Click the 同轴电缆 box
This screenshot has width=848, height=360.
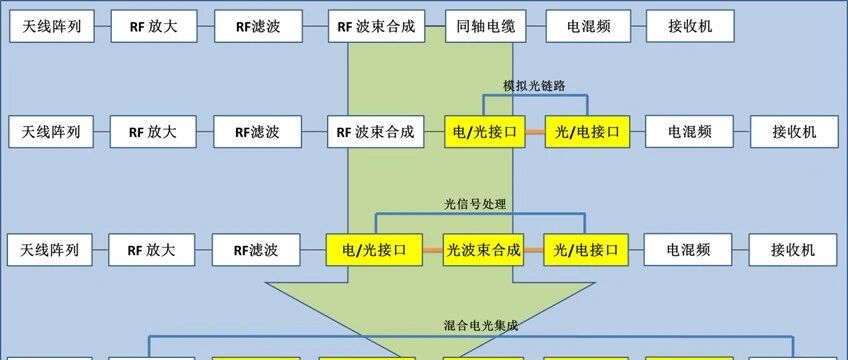pyautogui.click(x=486, y=26)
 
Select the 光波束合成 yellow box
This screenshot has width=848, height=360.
pyautogui.click(x=483, y=250)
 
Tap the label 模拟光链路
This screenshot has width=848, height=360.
pyautogui.click(x=534, y=86)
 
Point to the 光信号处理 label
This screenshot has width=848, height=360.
pyautogui.click(x=475, y=204)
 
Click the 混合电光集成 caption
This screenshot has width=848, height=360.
pyautogui.click(x=481, y=326)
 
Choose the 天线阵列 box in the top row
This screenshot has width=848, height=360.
pyautogui.click(x=52, y=26)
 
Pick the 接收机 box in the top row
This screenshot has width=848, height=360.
pyautogui.click(x=690, y=26)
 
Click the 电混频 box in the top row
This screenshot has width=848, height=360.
pyautogui.click(x=589, y=26)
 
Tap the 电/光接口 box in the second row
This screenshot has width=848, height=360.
pyautogui.click(x=485, y=131)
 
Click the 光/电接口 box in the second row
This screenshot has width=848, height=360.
pyautogui.click(x=587, y=131)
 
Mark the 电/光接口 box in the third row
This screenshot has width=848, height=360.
pyautogui.click(x=374, y=250)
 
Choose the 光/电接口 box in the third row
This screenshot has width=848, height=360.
pyautogui.click(x=586, y=250)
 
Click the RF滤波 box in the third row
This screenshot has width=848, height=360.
pyautogui.click(x=256, y=250)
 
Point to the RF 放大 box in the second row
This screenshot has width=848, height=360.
pyautogui.click(x=153, y=131)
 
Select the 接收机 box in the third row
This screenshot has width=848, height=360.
pyautogui.click(x=793, y=250)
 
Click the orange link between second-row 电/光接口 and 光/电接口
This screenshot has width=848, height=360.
pyautogui.click(x=535, y=131)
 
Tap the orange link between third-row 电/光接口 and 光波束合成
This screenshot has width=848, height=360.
pyautogui.click(x=433, y=250)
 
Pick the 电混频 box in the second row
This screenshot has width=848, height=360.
pyautogui.click(x=690, y=131)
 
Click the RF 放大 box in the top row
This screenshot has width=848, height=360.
pyautogui.click(x=154, y=26)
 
